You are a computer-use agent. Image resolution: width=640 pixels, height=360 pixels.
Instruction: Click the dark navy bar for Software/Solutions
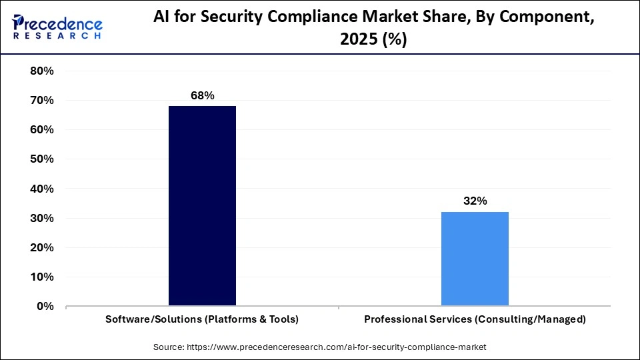(202, 206)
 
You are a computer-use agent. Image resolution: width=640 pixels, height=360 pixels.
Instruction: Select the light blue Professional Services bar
(475, 259)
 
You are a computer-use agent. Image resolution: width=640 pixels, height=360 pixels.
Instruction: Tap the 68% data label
(202, 96)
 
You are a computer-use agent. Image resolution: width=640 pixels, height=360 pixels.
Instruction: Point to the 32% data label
(475, 201)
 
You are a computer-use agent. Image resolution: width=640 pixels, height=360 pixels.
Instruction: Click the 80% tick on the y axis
(42, 71)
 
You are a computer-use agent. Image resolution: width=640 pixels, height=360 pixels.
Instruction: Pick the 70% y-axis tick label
(42, 101)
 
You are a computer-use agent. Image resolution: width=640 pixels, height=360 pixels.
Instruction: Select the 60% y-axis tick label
(42, 130)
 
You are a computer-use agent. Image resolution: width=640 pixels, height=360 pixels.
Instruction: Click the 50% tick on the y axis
(42, 159)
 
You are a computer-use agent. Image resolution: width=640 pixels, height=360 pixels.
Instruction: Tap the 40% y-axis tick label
(42, 189)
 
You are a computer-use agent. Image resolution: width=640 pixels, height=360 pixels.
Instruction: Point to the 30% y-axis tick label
(42, 218)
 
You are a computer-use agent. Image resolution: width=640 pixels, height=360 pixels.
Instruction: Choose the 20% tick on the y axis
(42, 247)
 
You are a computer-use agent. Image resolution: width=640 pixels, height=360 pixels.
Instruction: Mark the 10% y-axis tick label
(42, 277)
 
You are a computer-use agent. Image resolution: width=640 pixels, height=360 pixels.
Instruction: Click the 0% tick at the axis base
(45, 306)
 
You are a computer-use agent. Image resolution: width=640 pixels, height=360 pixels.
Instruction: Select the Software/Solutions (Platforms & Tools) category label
(202, 319)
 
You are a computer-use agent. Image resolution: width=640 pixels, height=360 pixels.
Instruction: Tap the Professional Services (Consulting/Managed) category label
(475, 319)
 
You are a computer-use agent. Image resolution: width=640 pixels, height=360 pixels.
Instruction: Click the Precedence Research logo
(57, 27)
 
